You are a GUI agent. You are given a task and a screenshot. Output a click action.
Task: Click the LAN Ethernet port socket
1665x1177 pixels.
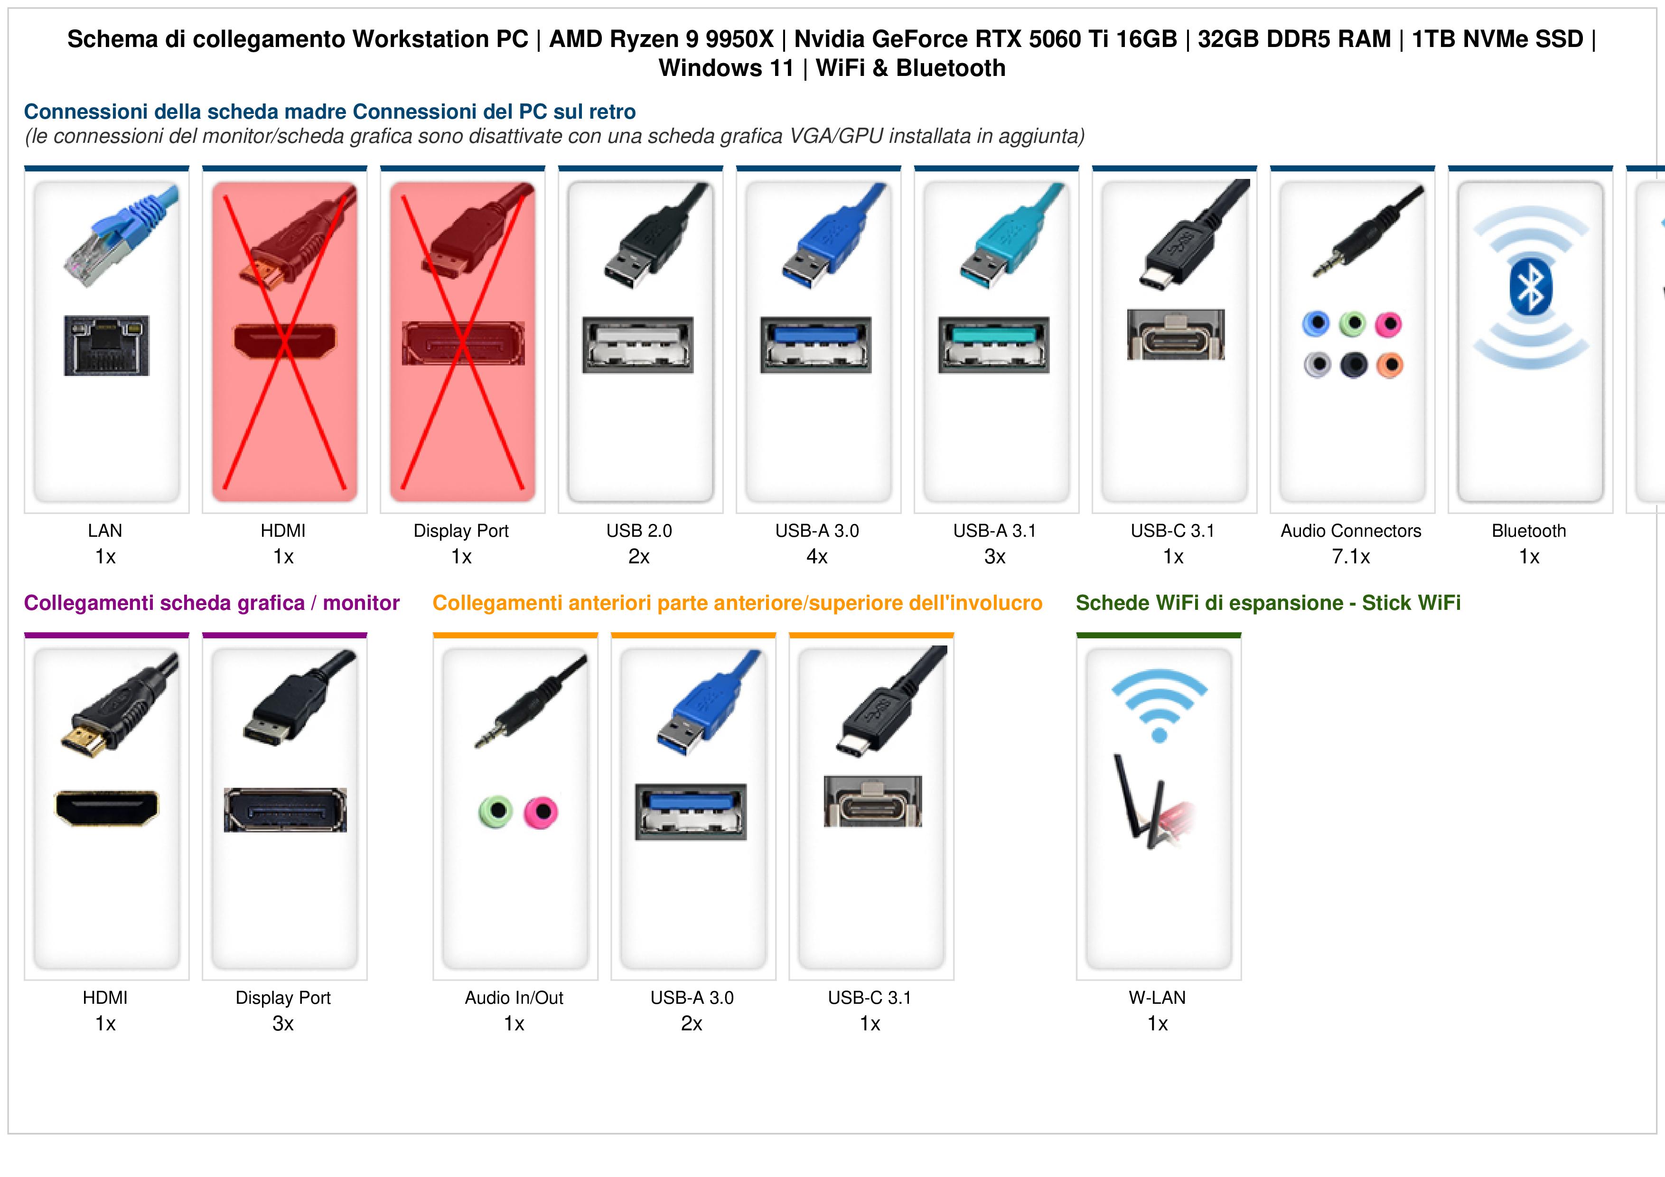[107, 345]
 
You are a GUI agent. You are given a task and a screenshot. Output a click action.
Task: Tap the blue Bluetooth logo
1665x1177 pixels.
[1530, 287]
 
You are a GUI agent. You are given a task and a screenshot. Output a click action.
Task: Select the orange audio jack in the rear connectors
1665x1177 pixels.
[1389, 365]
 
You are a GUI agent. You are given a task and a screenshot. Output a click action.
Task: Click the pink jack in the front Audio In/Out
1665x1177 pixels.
[541, 812]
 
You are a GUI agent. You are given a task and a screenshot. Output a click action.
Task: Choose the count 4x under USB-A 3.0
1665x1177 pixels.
[817, 557]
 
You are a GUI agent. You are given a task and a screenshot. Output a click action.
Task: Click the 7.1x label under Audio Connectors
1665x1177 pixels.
[1351, 557]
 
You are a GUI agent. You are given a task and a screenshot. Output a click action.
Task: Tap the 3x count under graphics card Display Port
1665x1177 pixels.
[283, 1024]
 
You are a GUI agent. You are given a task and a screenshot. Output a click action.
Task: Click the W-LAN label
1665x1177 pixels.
[1157, 998]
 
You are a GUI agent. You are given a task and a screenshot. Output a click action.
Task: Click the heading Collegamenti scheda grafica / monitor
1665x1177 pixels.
[212, 603]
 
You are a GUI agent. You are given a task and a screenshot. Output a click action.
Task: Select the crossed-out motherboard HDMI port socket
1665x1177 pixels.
[284, 341]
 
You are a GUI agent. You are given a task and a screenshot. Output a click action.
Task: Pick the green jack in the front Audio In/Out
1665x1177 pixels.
[496, 812]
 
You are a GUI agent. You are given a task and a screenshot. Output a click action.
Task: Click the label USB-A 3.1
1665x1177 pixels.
[995, 531]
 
